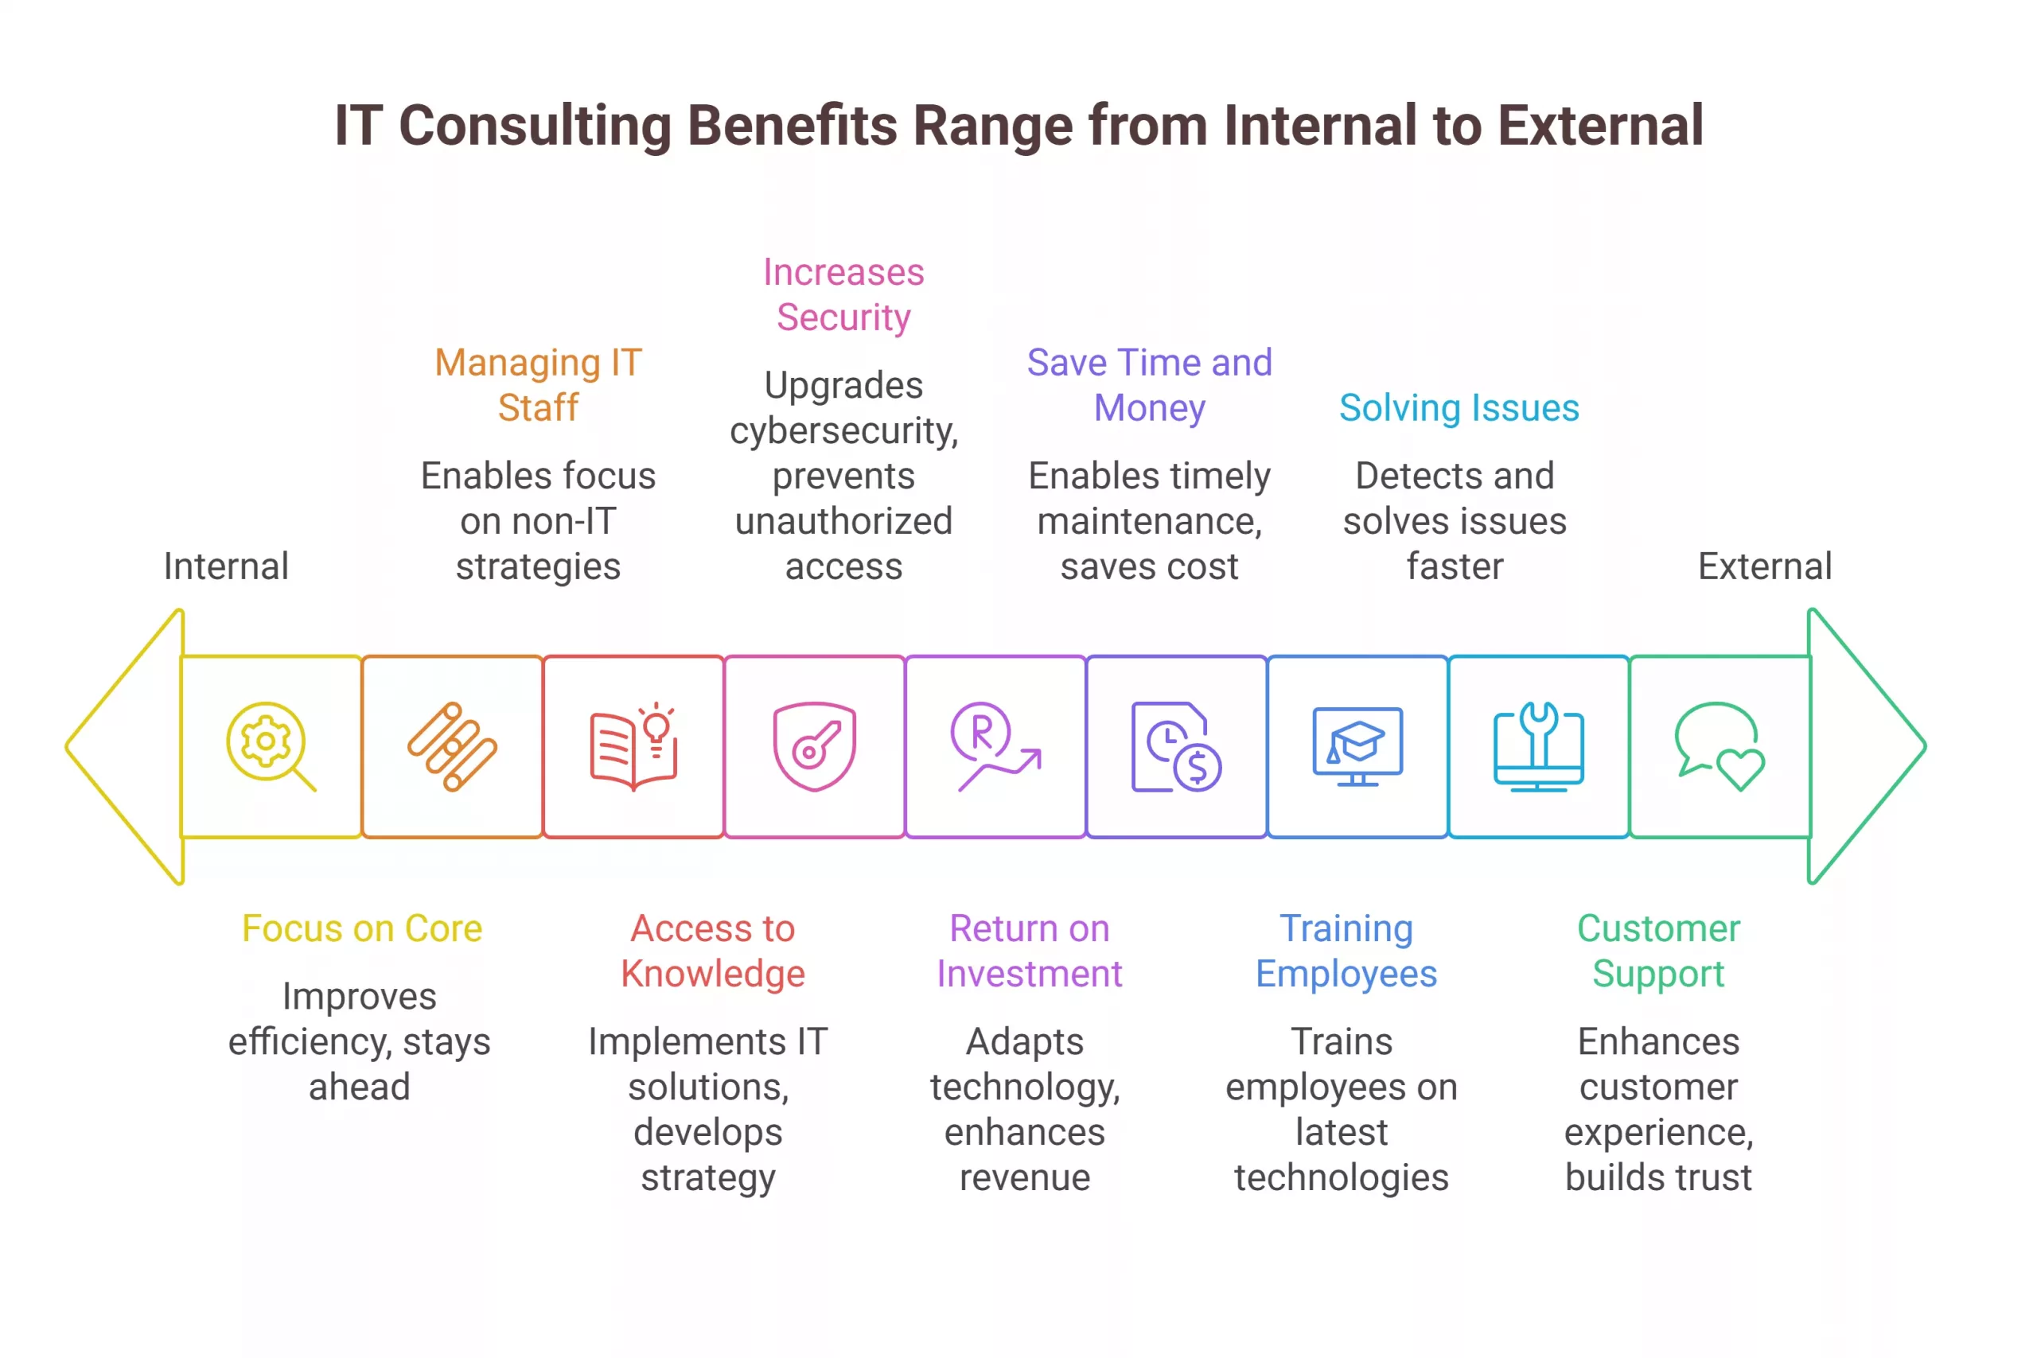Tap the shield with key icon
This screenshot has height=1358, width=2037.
[814, 745]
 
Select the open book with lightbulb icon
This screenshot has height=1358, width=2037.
[633, 745]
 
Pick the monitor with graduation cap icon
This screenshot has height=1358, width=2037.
[1357, 745]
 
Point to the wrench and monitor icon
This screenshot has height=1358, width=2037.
[1538, 745]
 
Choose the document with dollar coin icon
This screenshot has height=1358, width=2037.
[1175, 745]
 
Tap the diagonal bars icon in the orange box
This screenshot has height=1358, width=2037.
[452, 745]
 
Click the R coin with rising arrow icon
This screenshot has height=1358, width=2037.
[995, 745]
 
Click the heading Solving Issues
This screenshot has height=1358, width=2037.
[1459, 408]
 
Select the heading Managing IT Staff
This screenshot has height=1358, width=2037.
[538, 384]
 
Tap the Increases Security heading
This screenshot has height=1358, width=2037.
[843, 294]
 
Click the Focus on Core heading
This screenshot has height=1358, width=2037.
[362, 928]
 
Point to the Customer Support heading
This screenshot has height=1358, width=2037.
[1657, 950]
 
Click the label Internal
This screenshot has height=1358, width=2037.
[226, 566]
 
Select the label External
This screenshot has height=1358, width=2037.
[1764, 566]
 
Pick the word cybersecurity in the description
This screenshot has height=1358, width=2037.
[843, 431]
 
